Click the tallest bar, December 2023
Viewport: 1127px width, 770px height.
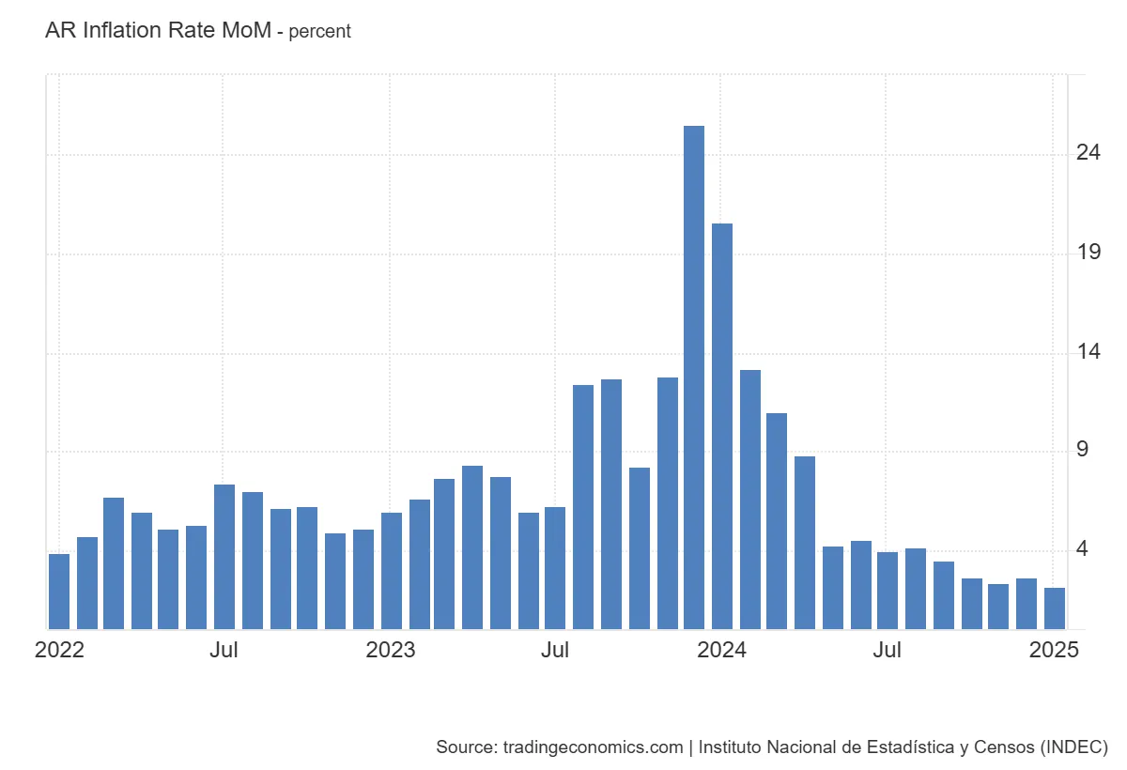tap(694, 376)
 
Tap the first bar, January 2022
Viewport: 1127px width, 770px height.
tap(59, 592)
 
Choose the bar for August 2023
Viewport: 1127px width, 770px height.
tap(583, 507)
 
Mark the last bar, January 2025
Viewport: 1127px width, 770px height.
tap(1055, 608)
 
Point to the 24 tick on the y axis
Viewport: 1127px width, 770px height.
tap(1089, 152)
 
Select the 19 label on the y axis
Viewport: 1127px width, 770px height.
tap(1089, 253)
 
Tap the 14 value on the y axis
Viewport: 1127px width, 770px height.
tap(1089, 352)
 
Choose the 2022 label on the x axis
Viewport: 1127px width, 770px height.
tap(59, 651)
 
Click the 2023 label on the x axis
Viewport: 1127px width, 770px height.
tap(391, 651)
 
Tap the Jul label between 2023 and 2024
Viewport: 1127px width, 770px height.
tap(556, 651)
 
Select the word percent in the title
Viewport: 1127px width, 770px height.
tap(319, 32)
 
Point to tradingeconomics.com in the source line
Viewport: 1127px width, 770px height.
tap(593, 747)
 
